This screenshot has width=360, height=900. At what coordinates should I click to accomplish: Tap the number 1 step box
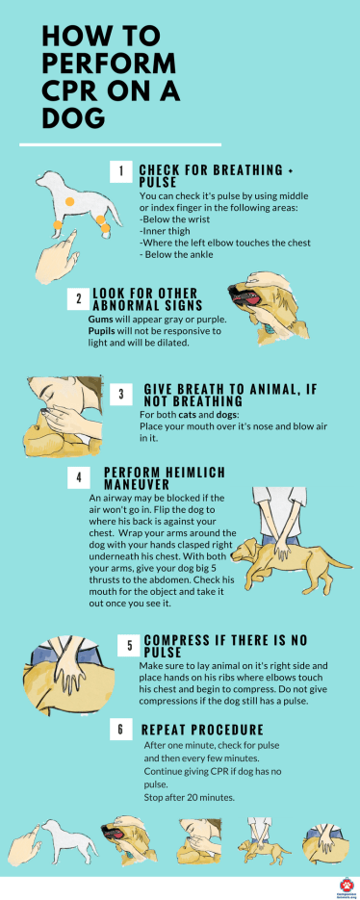(120, 172)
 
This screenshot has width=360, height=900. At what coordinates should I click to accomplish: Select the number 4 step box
(78, 477)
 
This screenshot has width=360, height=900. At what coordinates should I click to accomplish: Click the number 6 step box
(120, 730)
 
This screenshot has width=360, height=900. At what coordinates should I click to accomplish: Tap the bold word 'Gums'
(99, 319)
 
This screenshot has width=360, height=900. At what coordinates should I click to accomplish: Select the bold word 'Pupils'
(102, 330)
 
